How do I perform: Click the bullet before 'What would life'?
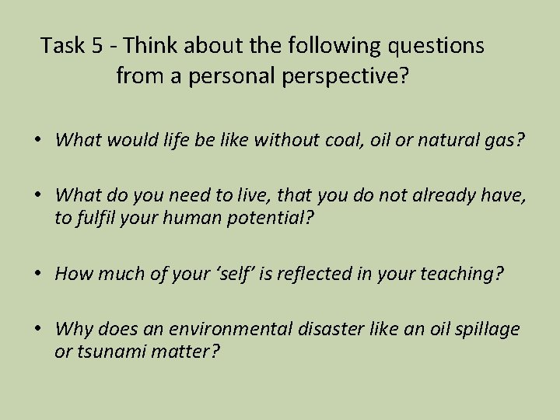coord(37,141)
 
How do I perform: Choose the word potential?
coord(270,219)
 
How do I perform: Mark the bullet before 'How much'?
coord(37,273)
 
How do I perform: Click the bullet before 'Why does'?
coord(37,330)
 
